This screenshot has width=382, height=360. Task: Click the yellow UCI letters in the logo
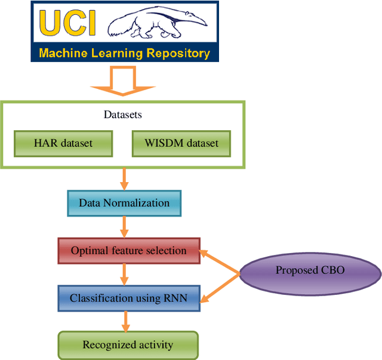(66, 22)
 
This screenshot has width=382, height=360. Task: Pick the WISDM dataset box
(181, 143)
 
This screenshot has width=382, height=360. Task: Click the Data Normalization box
(124, 203)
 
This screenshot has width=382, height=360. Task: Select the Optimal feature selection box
(128, 251)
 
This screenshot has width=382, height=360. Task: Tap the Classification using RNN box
(128, 298)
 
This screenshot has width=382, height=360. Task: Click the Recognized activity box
(128, 344)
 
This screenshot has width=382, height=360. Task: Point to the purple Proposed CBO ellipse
(310, 270)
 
